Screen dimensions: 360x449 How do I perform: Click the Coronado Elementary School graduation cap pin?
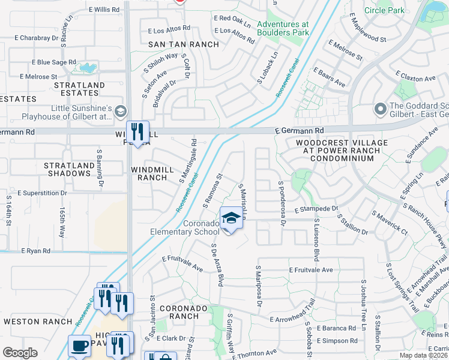point(229,219)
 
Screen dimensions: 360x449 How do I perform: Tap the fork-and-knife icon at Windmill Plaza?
point(137,131)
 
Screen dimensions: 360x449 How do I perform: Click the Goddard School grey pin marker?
point(379,109)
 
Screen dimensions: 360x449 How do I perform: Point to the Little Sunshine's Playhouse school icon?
point(120,111)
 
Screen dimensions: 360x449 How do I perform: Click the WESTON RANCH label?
point(30,322)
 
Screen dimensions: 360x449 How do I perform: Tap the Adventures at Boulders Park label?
point(283,29)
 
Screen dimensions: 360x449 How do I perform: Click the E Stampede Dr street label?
point(316,209)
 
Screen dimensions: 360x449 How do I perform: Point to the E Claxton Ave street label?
point(415,79)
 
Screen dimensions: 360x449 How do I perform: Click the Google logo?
point(20,353)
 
